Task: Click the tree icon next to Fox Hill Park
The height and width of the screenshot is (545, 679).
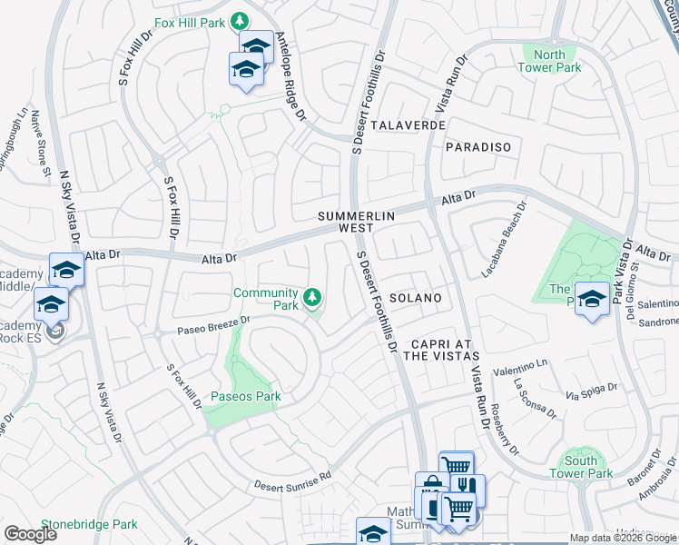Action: [x=240, y=20]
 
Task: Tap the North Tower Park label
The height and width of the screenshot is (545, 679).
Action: [x=549, y=61]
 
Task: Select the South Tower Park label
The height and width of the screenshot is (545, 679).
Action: [x=581, y=466]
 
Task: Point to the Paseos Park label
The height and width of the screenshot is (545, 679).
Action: [x=245, y=396]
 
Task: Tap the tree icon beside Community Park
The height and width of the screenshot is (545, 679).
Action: [x=312, y=297]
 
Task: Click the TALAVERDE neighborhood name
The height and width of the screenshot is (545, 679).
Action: [x=408, y=124]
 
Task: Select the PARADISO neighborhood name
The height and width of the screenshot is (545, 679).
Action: [x=478, y=146]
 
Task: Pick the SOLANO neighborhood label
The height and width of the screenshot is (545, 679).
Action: [x=416, y=298]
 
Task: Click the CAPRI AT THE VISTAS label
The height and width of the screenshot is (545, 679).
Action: [x=444, y=350]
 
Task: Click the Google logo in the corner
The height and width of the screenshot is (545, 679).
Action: [x=30, y=533]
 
